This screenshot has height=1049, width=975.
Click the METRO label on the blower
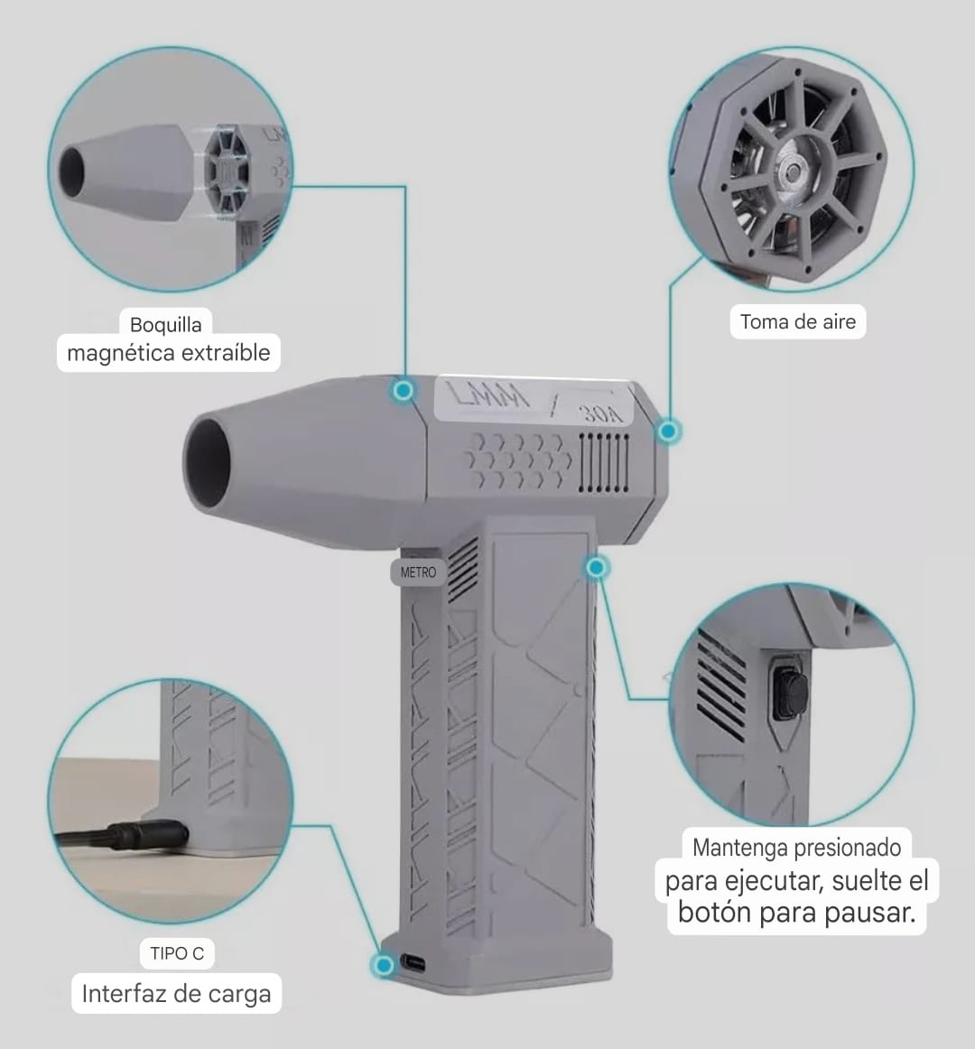click(418, 572)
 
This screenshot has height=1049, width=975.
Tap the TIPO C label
click(177, 953)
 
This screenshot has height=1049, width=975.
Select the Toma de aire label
click(798, 321)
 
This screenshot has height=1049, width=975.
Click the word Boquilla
click(165, 324)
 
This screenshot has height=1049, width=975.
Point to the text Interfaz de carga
click(177, 993)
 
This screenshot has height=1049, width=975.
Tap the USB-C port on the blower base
click(413, 963)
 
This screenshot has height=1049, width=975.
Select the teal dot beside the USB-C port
click(384, 964)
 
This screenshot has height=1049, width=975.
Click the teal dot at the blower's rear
click(668, 431)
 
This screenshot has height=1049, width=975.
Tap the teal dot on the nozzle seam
click(403, 389)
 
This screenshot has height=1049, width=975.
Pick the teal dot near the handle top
click(596, 568)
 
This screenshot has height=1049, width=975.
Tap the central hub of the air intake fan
click(792, 172)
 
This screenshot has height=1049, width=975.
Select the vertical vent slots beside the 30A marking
click(604, 462)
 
